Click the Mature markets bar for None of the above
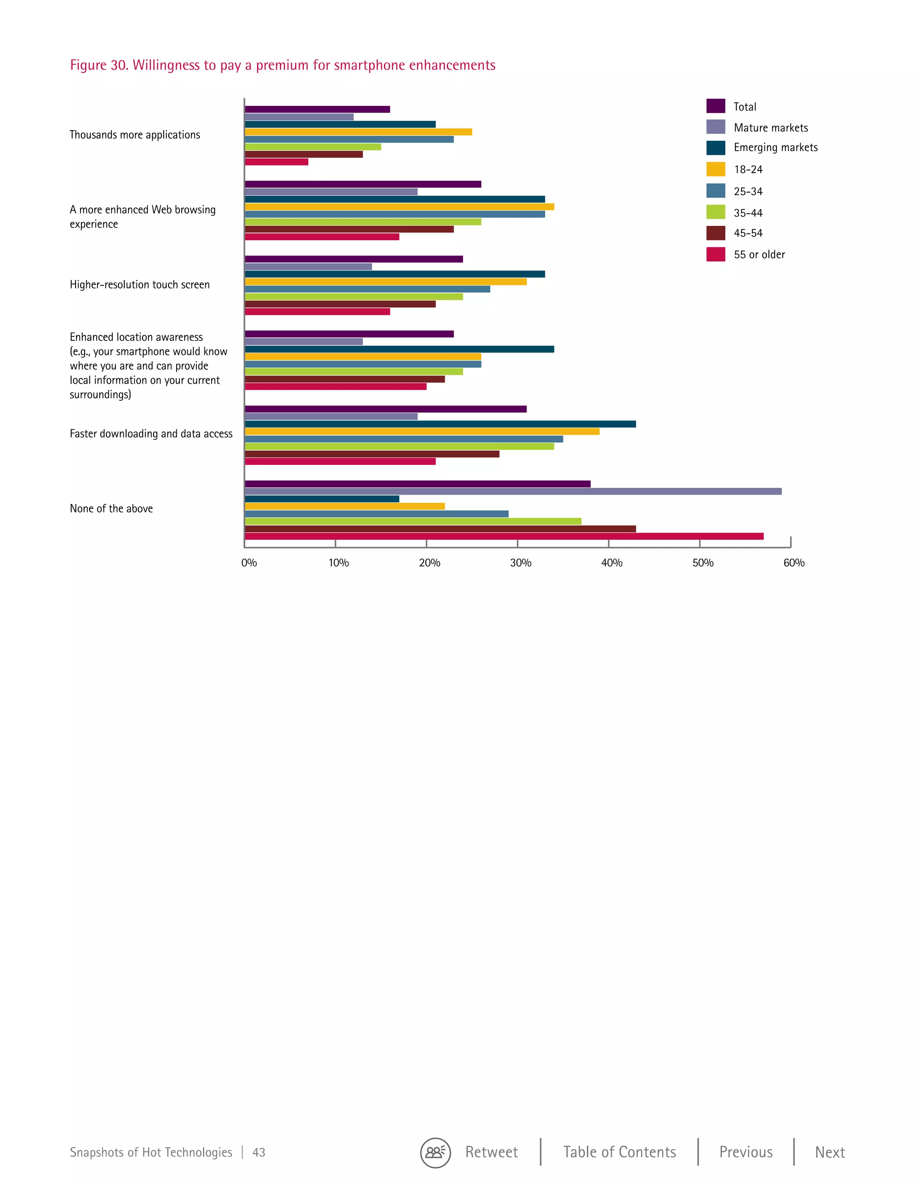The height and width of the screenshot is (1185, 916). point(513,491)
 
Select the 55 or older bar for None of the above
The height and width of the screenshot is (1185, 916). point(504,537)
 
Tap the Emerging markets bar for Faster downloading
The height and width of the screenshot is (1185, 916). point(440,424)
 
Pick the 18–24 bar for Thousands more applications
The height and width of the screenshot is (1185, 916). point(358,132)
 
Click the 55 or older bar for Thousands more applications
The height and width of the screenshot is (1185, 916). point(276,162)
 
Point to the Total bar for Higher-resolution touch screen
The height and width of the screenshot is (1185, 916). point(353,259)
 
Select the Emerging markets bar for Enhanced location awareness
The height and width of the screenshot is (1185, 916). point(399,349)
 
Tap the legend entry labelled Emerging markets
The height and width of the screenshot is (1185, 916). point(775,148)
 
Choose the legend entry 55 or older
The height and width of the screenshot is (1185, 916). point(759,254)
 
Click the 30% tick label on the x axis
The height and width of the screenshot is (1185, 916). point(521,563)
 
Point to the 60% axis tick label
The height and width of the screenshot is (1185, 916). point(793,563)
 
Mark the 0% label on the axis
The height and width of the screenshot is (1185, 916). point(249,563)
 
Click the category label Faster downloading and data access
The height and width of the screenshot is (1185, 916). point(151,433)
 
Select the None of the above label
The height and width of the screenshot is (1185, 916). point(111,509)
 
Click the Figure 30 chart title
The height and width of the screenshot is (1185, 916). point(282,65)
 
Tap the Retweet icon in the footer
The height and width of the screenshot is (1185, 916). point(435,1152)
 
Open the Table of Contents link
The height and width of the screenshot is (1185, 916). point(619,1152)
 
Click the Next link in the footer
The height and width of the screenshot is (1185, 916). point(829,1152)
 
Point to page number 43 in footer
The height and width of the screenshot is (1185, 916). point(259,1153)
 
